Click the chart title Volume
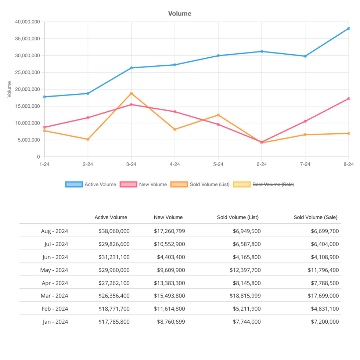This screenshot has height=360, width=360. pyautogui.click(x=180, y=14)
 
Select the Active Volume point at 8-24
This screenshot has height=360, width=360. pyautogui.click(x=349, y=28)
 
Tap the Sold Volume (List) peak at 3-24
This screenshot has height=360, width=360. pyautogui.click(x=131, y=93)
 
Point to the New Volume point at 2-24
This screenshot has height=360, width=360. pyautogui.click(x=88, y=118)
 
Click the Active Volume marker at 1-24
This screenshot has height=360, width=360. pyautogui.click(x=44, y=97)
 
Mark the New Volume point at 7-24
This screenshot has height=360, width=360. pyautogui.click(x=305, y=121)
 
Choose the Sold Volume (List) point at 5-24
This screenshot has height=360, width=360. pyautogui.click(x=218, y=115)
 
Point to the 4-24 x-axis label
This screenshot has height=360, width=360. pyautogui.click(x=174, y=164)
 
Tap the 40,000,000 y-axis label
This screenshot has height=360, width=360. pyautogui.click(x=28, y=22)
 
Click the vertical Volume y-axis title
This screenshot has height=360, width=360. pyautogui.click(x=10, y=89)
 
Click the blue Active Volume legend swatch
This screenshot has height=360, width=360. pyautogui.click(x=74, y=184)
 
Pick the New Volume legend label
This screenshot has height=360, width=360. pyautogui.click(x=153, y=184)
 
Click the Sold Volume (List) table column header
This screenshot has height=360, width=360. pyautogui.click(x=238, y=217)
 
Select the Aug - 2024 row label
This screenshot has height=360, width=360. pyautogui.click(x=54, y=231)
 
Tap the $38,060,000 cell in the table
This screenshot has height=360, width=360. pyautogui.click(x=114, y=231)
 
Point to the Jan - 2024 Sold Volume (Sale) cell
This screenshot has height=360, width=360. pyautogui.click(x=323, y=322)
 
